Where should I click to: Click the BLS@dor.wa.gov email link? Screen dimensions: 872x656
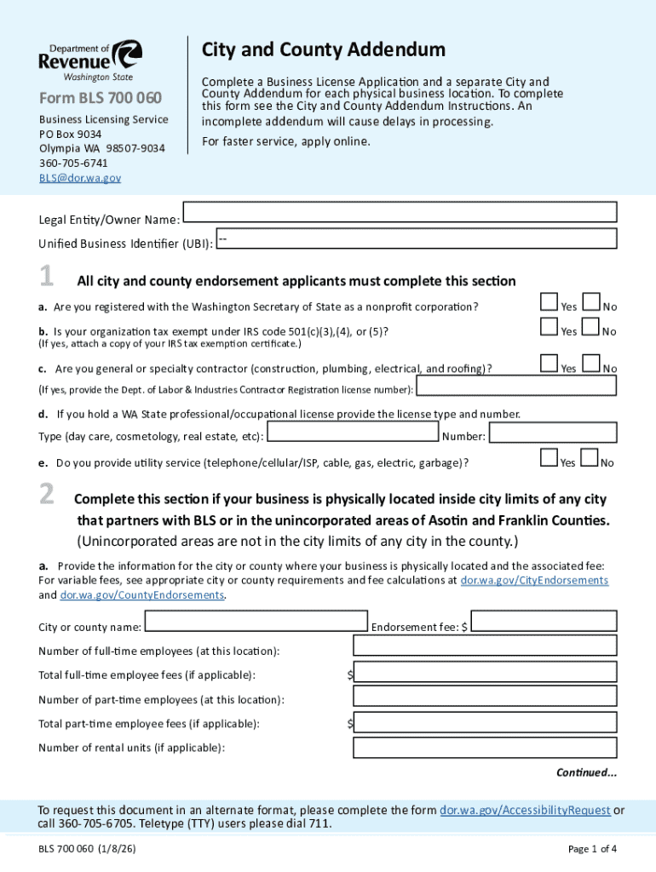click(x=80, y=178)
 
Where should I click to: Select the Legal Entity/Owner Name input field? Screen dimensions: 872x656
click(x=400, y=213)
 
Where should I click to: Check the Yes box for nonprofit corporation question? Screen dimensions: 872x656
click(x=549, y=301)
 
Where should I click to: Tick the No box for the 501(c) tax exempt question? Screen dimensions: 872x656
click(x=590, y=327)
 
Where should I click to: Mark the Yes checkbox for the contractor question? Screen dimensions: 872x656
click(x=549, y=363)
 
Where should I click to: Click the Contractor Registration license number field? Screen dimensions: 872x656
click(x=515, y=387)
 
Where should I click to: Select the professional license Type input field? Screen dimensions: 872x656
click(x=352, y=433)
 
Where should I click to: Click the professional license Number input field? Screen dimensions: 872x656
click(x=552, y=433)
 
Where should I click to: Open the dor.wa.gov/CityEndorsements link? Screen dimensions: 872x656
click(x=534, y=581)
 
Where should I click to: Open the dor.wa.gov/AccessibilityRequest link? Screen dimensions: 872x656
click(x=524, y=811)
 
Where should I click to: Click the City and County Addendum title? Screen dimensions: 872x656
click(x=323, y=50)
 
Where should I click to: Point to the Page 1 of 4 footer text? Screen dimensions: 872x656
click(x=591, y=849)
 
